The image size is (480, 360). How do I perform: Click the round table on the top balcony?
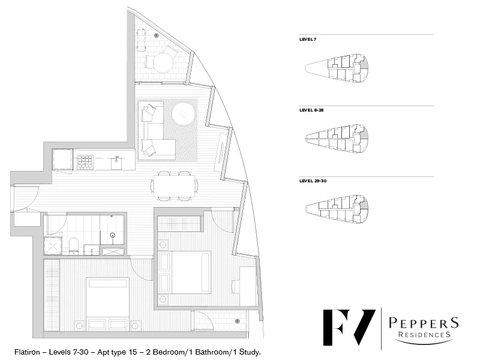[x=163, y=62]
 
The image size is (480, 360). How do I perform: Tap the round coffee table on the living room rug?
[x=184, y=113]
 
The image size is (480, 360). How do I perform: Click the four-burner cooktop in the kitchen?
[x=85, y=161]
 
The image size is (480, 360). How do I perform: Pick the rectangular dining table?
[x=176, y=186]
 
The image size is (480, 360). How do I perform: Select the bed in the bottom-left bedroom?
[x=107, y=304]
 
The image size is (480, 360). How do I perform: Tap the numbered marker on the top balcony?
[x=156, y=36]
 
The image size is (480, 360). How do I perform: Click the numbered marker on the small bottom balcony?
[x=238, y=322]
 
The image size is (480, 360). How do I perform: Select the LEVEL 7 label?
[x=308, y=39]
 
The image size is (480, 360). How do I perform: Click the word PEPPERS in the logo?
[x=423, y=323]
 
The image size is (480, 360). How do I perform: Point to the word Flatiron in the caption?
[x=28, y=352]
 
